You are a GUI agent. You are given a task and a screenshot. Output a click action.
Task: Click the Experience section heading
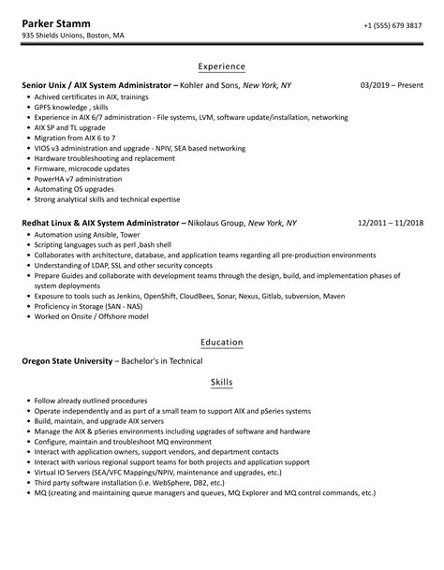(x=222, y=66)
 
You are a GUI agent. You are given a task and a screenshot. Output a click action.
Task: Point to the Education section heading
(x=222, y=342)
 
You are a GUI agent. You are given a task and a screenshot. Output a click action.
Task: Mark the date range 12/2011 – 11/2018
(x=391, y=224)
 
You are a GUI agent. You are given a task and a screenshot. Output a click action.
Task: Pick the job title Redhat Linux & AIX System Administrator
(x=100, y=224)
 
